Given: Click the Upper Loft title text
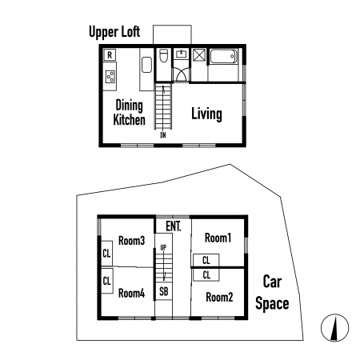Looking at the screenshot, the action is click(x=114, y=32).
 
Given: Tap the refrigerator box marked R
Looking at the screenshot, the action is click(x=110, y=55).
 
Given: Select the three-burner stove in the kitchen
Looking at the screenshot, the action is click(x=110, y=76).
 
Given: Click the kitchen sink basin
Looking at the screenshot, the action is click(x=146, y=65).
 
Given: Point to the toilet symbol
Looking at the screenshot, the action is click(x=163, y=55).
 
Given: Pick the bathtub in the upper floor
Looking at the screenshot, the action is click(x=223, y=57).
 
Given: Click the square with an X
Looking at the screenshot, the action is click(x=199, y=56).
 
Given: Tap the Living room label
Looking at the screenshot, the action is click(x=206, y=114).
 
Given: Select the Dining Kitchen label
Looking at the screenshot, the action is click(x=130, y=112).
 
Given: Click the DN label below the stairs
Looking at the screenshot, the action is click(x=163, y=135).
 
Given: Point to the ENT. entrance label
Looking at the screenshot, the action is click(x=174, y=226).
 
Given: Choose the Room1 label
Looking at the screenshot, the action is click(x=218, y=238).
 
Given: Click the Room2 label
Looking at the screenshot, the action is click(x=219, y=297).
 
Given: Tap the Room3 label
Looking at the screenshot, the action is click(x=131, y=241).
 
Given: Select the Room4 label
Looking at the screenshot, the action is click(x=131, y=294).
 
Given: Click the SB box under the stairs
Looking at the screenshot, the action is click(x=164, y=291).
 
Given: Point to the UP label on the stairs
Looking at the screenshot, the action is click(x=163, y=248).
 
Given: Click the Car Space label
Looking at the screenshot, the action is click(x=272, y=293).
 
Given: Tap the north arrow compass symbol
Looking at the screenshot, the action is click(x=334, y=328).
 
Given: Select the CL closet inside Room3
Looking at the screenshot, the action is click(x=106, y=254).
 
